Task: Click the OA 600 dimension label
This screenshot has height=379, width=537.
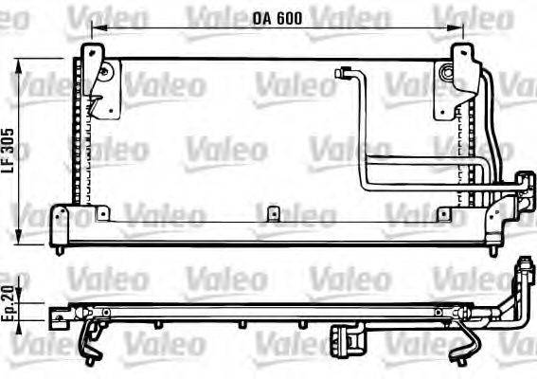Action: pyautogui.click(x=277, y=18)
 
